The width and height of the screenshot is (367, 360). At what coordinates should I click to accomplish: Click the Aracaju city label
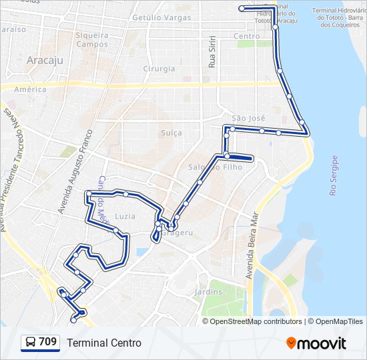point(45,60)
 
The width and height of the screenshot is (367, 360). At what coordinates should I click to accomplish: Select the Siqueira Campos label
point(92,39)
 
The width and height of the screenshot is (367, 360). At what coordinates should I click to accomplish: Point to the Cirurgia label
point(159,69)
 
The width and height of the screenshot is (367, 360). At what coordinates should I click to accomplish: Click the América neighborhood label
point(30,89)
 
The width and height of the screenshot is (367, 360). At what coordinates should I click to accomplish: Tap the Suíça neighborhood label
point(171,133)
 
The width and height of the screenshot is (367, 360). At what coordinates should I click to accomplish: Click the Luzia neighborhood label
point(125,217)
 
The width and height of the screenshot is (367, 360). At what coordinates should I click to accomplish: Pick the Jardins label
point(208,292)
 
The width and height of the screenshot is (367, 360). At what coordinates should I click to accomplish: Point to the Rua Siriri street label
point(212,53)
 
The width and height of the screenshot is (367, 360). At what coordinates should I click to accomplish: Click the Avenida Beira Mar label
point(252,246)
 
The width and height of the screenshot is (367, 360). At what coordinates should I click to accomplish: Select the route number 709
point(47,342)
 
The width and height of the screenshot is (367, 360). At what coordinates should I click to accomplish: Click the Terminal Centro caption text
point(104,343)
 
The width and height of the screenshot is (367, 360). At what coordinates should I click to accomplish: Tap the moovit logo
point(316,343)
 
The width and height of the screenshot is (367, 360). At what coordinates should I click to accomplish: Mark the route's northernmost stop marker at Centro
point(242,8)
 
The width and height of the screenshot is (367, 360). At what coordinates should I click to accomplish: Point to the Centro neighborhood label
point(247,36)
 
